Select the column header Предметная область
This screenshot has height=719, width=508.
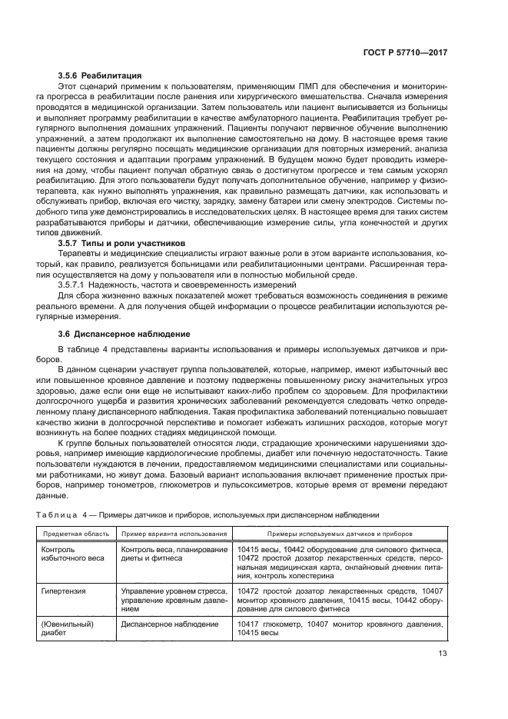coord(75,533)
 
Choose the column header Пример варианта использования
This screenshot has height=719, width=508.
coord(173,533)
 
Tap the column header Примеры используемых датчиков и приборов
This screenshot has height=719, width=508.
coord(340,533)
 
